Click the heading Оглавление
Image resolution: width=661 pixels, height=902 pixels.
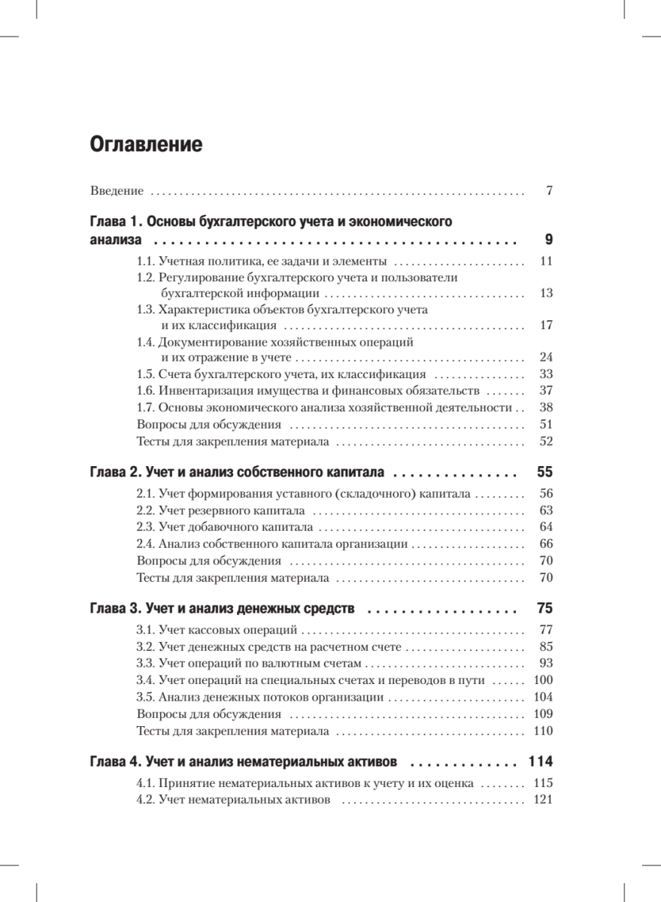click(x=146, y=144)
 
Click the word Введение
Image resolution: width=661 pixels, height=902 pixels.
click(x=117, y=191)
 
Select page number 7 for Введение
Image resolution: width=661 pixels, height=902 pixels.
click(x=550, y=191)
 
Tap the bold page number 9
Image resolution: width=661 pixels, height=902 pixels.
click(x=548, y=241)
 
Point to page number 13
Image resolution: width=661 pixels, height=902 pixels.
click(x=547, y=293)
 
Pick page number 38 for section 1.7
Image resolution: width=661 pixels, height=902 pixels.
click(x=547, y=407)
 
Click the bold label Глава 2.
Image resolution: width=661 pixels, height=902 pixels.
click(x=116, y=473)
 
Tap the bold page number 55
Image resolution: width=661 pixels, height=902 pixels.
click(x=545, y=473)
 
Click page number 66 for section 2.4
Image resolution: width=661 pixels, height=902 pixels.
click(x=547, y=543)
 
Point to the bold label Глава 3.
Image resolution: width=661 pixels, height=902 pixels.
click(x=116, y=607)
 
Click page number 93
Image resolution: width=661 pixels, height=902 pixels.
click(x=547, y=663)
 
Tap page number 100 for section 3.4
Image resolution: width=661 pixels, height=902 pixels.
click(x=543, y=680)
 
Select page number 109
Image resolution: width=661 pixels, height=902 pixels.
click(x=543, y=713)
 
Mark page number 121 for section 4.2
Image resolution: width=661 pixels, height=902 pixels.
click(x=543, y=799)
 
